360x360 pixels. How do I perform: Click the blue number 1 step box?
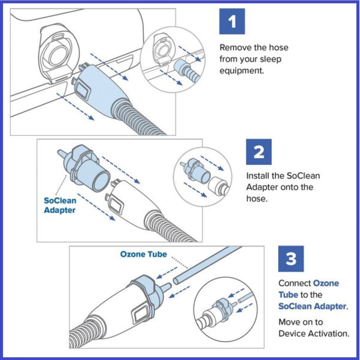pyautogui.click(x=231, y=21)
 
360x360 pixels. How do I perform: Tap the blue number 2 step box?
pyautogui.click(x=259, y=152)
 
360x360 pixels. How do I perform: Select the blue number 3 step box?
pyautogui.click(x=291, y=259)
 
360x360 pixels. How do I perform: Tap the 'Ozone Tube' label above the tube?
pyautogui.click(x=143, y=254)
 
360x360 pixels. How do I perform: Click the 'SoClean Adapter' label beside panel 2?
pyautogui.click(x=60, y=206)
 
